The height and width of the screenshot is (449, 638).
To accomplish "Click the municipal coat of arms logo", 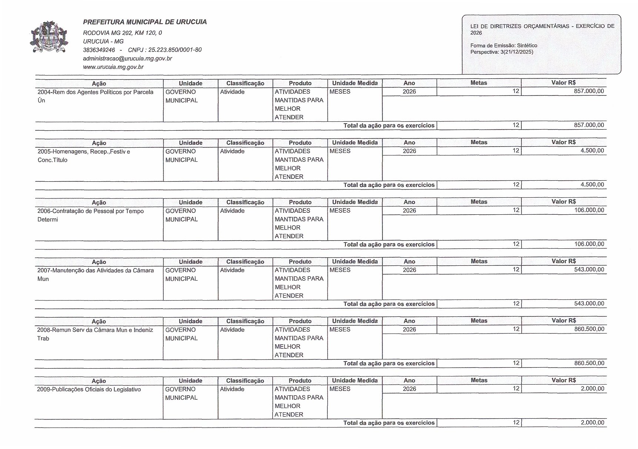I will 49,37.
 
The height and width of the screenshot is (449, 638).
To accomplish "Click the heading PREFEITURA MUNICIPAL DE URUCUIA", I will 145,22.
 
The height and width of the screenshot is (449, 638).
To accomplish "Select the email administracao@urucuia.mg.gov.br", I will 127,58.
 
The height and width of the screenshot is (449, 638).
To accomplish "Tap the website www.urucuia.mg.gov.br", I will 113,67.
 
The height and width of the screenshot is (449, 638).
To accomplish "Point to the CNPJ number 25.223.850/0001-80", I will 175,50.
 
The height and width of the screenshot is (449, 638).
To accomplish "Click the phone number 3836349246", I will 99,50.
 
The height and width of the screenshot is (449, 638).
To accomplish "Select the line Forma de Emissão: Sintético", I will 504,46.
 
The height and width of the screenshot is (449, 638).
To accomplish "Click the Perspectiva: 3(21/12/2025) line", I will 502,52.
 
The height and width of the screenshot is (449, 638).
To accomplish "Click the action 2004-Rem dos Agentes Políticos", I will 95,92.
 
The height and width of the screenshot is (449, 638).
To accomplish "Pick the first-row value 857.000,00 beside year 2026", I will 589,91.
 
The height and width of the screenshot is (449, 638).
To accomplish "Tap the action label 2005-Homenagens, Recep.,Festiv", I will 84,152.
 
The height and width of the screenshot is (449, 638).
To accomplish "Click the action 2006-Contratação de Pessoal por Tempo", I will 90,211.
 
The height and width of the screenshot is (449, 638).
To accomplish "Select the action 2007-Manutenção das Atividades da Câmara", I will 95,271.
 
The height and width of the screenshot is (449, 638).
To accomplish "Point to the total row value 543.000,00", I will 589,304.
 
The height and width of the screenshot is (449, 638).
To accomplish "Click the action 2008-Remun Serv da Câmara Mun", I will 95,330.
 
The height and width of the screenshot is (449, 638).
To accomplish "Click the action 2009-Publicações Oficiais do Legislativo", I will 89,389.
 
